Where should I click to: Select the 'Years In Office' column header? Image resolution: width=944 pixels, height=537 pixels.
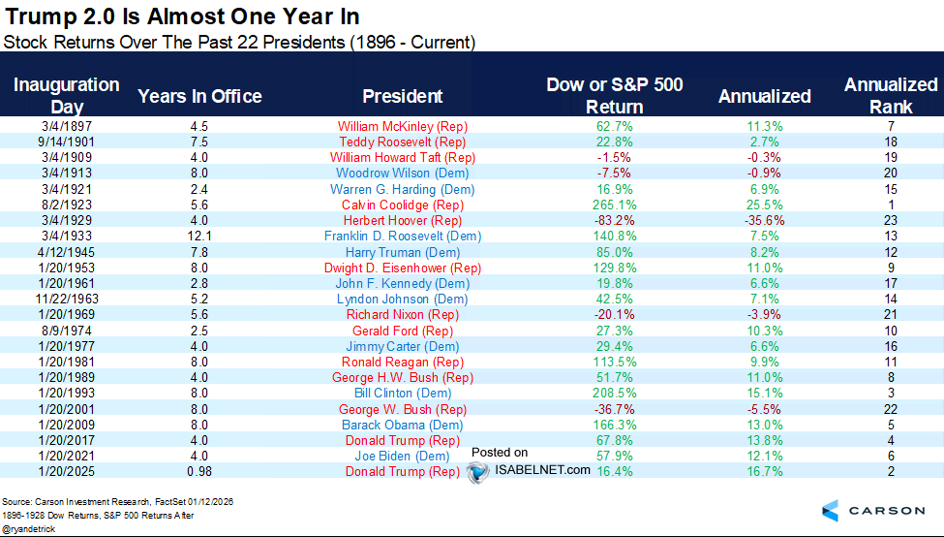[199, 96]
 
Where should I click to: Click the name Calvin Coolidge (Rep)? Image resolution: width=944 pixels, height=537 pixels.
[403, 205]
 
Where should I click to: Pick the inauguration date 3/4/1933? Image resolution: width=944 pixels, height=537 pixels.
[67, 237]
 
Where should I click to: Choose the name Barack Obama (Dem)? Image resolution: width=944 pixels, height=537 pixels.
[403, 425]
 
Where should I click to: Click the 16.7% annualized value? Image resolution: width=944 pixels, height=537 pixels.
[764, 471]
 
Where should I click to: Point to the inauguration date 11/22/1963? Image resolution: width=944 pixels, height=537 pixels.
[67, 300]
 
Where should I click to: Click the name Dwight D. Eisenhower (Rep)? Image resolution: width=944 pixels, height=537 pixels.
[403, 268]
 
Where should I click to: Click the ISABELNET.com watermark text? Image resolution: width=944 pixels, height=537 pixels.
[541, 470]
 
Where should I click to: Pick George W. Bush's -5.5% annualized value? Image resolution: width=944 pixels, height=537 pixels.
[764, 409]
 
